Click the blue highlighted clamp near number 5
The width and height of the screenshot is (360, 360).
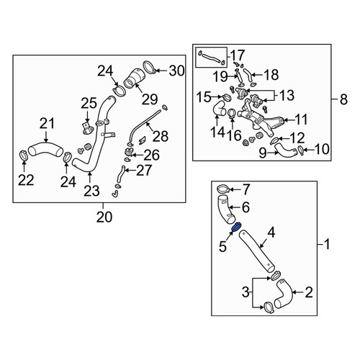tap(236, 227)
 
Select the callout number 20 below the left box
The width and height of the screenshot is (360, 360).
tap(104, 217)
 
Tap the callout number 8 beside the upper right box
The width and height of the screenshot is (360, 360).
tap(343, 99)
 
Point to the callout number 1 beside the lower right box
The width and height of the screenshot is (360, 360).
tap(327, 244)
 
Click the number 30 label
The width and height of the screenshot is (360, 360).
tap(176, 71)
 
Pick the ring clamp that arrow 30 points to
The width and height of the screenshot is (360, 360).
tap(150, 68)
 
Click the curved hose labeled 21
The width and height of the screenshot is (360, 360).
tap(45, 150)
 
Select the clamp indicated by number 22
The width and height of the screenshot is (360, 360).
tap(24, 155)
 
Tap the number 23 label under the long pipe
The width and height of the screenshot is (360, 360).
tap(91, 191)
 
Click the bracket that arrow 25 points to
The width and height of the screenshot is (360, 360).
tap(87, 128)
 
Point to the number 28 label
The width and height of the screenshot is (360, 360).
tap(161, 136)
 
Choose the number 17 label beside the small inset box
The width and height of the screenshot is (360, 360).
tap(238, 55)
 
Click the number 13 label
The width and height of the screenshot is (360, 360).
tap(287, 95)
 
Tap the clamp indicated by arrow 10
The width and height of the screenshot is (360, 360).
tap(300, 150)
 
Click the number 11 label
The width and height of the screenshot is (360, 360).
tap(301, 120)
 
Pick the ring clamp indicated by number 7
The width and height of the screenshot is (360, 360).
tap(223, 189)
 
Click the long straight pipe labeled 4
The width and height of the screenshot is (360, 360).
tap(257, 251)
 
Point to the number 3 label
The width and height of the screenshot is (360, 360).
tap(246, 292)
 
